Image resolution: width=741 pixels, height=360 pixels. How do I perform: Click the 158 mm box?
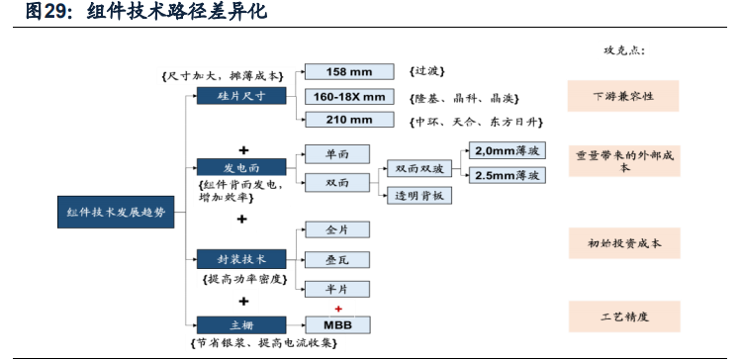click(x=350, y=71)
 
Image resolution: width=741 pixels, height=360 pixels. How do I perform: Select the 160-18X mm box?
click(x=350, y=96)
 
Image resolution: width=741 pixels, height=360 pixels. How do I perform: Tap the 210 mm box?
click(x=350, y=120)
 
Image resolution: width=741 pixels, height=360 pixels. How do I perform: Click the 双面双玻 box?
click(x=419, y=169)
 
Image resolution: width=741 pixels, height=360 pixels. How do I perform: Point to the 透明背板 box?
click(x=419, y=196)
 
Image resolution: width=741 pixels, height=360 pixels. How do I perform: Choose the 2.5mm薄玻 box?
click(x=506, y=175)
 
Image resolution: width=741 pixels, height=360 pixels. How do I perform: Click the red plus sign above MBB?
click(x=337, y=309)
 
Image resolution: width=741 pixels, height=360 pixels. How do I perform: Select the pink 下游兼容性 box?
click(x=623, y=97)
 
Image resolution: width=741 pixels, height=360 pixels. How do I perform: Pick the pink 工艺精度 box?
click(x=623, y=316)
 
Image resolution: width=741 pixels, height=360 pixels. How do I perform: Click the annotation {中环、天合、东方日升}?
click(x=474, y=121)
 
